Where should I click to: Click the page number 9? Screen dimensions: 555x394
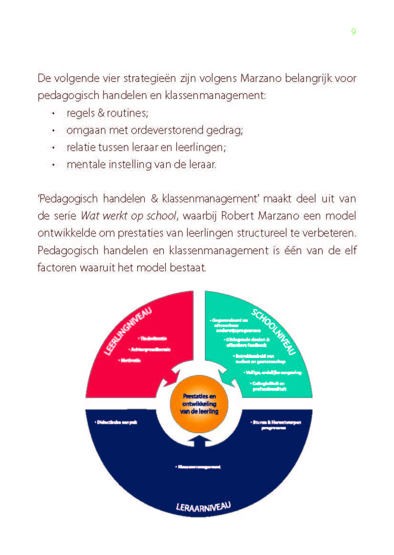353,32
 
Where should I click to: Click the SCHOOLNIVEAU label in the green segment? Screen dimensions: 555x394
274,332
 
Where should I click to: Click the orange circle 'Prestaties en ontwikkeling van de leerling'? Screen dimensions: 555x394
199,403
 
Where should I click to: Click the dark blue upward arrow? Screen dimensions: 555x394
199,441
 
